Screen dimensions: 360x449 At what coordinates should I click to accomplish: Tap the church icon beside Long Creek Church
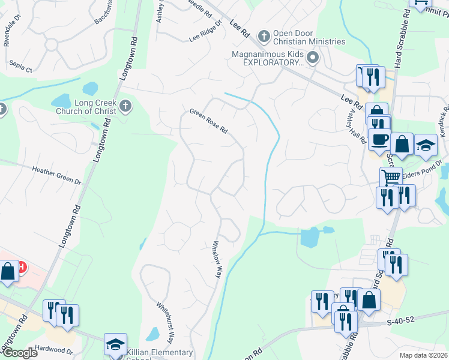point(125,106)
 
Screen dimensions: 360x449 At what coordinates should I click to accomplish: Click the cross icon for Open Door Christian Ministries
point(263,37)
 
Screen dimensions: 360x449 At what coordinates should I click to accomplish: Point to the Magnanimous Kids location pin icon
point(312,58)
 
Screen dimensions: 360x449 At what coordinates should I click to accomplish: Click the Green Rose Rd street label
point(209,121)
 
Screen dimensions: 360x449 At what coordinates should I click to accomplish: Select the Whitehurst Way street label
point(165,322)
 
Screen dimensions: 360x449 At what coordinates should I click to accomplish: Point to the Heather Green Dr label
point(56,175)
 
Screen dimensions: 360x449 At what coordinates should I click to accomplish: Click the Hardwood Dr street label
point(53,350)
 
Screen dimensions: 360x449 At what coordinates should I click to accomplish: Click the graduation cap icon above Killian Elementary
point(115,344)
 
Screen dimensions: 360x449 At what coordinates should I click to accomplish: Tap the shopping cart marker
point(391,178)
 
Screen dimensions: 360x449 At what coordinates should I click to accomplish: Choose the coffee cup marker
point(379,140)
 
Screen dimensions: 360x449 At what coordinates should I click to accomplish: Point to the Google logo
point(20,353)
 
